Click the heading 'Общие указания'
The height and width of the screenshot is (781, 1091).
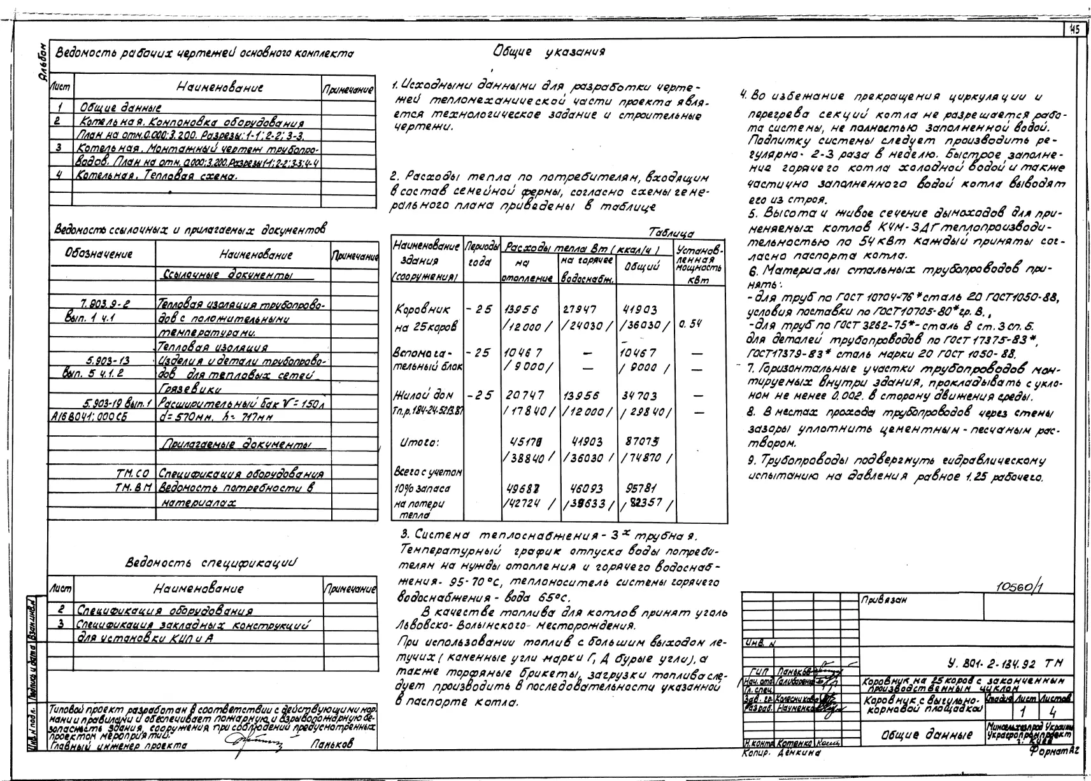tap(548, 52)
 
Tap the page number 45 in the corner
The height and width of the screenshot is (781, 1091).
tap(1074, 29)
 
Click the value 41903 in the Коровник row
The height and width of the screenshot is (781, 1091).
tap(639, 309)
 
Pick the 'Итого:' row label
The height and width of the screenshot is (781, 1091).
tap(420, 442)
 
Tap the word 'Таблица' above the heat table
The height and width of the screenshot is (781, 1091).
tap(671, 234)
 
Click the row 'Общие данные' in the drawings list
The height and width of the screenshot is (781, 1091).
tap(120, 108)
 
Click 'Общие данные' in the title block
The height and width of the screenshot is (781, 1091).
tap(926, 735)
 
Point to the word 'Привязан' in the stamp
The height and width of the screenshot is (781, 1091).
tap(884, 600)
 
